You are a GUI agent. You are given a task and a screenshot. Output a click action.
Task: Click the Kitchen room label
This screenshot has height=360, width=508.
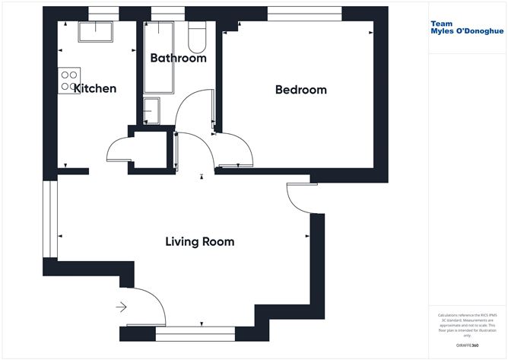(95, 88)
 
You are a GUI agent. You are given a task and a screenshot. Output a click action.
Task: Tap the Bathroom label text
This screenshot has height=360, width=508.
(178, 58)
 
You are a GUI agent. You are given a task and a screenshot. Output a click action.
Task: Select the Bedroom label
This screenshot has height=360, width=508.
(300, 90)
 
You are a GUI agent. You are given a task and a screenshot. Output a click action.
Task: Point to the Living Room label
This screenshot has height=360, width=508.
(199, 242)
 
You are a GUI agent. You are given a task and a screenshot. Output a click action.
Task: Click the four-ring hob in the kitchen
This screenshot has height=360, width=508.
(68, 81)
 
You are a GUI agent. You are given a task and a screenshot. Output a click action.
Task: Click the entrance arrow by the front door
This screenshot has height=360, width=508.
(121, 307)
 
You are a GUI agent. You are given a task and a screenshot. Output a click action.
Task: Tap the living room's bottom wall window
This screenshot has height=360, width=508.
(198, 331)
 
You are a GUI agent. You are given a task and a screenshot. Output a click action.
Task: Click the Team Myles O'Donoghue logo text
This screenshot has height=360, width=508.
(467, 27)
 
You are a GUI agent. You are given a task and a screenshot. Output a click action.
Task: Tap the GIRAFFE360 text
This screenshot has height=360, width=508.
(465, 346)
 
